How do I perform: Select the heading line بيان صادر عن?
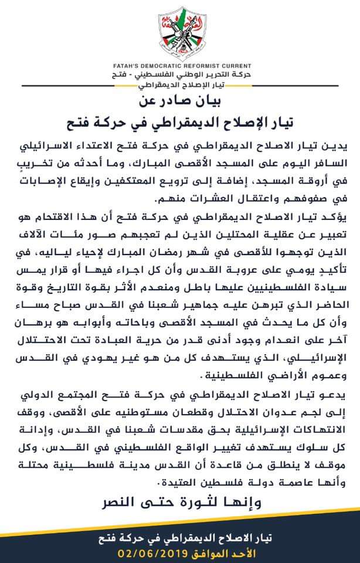(180, 100)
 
